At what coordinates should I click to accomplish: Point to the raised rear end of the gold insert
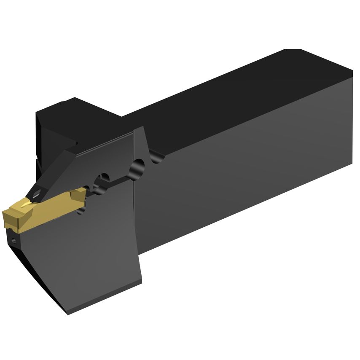pyautogui.click(x=78, y=195)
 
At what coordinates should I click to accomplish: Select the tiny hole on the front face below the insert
pyautogui.click(x=14, y=242)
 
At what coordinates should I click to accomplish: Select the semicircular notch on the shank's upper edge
pyautogui.click(x=157, y=158)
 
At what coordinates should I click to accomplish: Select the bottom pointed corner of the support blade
pyautogui.click(x=69, y=312)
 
